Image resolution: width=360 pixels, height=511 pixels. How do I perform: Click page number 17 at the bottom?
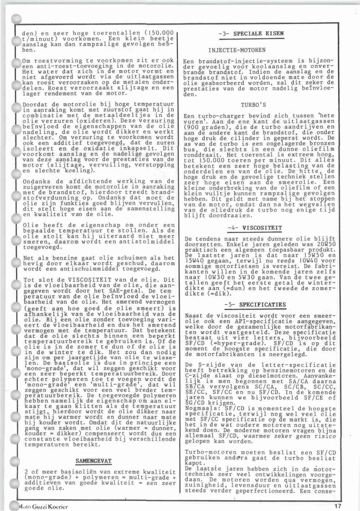pos(338,506)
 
